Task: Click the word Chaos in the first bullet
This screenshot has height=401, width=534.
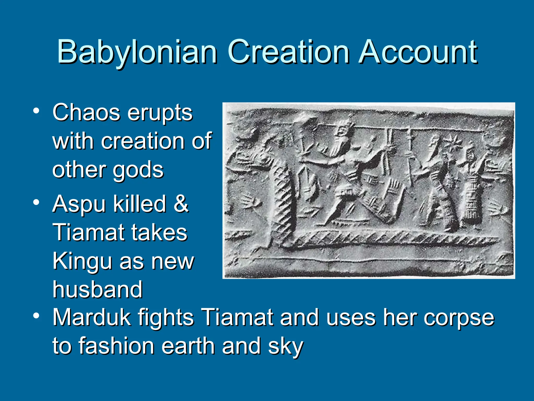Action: (x=86, y=113)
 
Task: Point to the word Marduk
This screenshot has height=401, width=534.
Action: (x=92, y=317)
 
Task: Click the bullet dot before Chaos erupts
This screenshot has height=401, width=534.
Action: (x=36, y=111)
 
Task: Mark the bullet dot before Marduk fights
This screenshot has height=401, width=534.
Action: (x=36, y=316)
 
